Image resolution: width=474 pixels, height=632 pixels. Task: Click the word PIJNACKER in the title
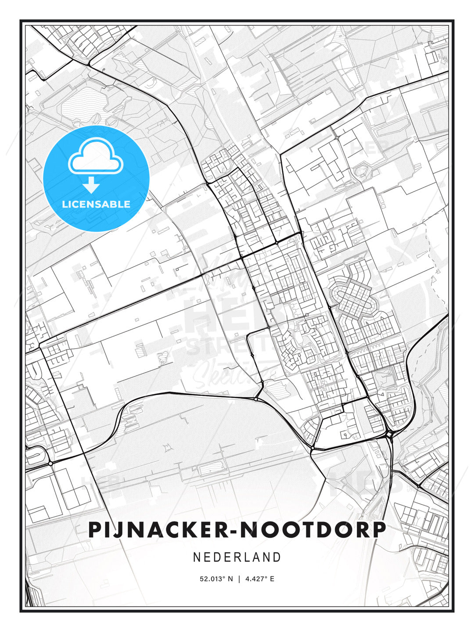tap(156, 530)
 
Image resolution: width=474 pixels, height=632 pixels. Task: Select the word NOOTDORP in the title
tap(313, 530)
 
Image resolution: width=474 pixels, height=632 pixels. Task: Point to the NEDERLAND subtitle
tap(237, 557)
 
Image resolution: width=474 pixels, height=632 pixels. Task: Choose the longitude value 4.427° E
tap(260, 579)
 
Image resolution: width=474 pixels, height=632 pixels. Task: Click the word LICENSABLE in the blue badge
tap(96, 204)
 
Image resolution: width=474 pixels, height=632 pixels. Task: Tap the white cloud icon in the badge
tap(95, 156)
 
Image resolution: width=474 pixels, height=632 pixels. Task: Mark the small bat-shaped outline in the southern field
tap(167, 448)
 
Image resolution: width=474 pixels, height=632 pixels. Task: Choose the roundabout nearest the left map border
tap(51, 463)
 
